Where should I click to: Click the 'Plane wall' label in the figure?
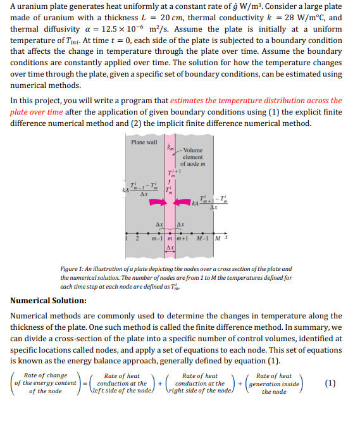pyautogui.click(x=144, y=142)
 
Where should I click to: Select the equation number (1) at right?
pyautogui.click(x=329, y=383)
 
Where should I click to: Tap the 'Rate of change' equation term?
pyautogui.click(x=45, y=376)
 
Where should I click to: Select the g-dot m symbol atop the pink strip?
pyautogui.click(x=169, y=148)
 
